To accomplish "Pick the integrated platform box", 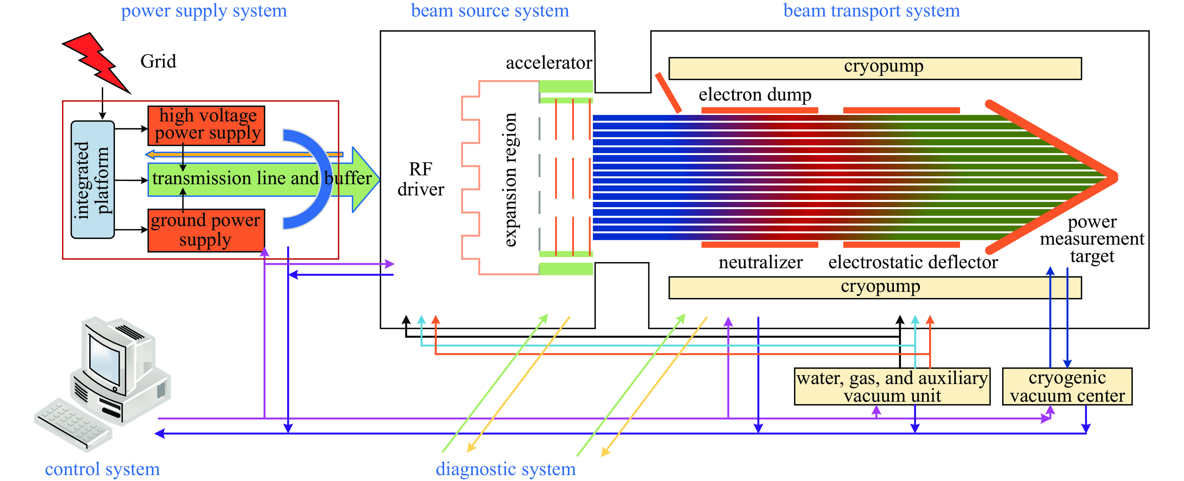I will click(x=92, y=179).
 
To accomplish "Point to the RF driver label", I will click(x=420, y=179).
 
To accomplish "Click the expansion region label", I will click(x=510, y=179).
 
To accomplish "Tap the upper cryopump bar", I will click(x=875, y=68).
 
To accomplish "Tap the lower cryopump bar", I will click(x=875, y=288).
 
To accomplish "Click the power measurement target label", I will click(x=1092, y=239).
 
